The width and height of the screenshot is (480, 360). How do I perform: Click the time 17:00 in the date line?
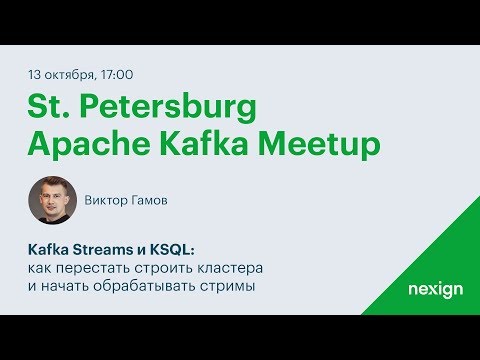pos(115,74)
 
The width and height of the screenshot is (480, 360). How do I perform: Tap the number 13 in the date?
pos(37,74)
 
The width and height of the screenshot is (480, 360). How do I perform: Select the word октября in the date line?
pos(71,74)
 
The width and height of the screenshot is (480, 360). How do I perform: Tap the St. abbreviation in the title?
pos(48,107)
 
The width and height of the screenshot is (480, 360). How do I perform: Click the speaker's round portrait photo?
pos(52,201)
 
